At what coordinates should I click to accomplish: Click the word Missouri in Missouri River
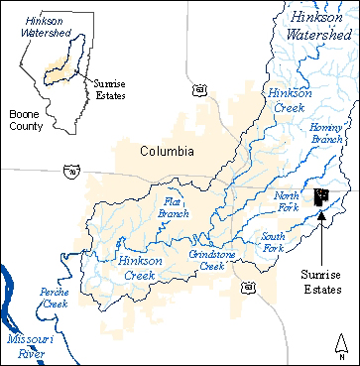(x=26, y=338)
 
